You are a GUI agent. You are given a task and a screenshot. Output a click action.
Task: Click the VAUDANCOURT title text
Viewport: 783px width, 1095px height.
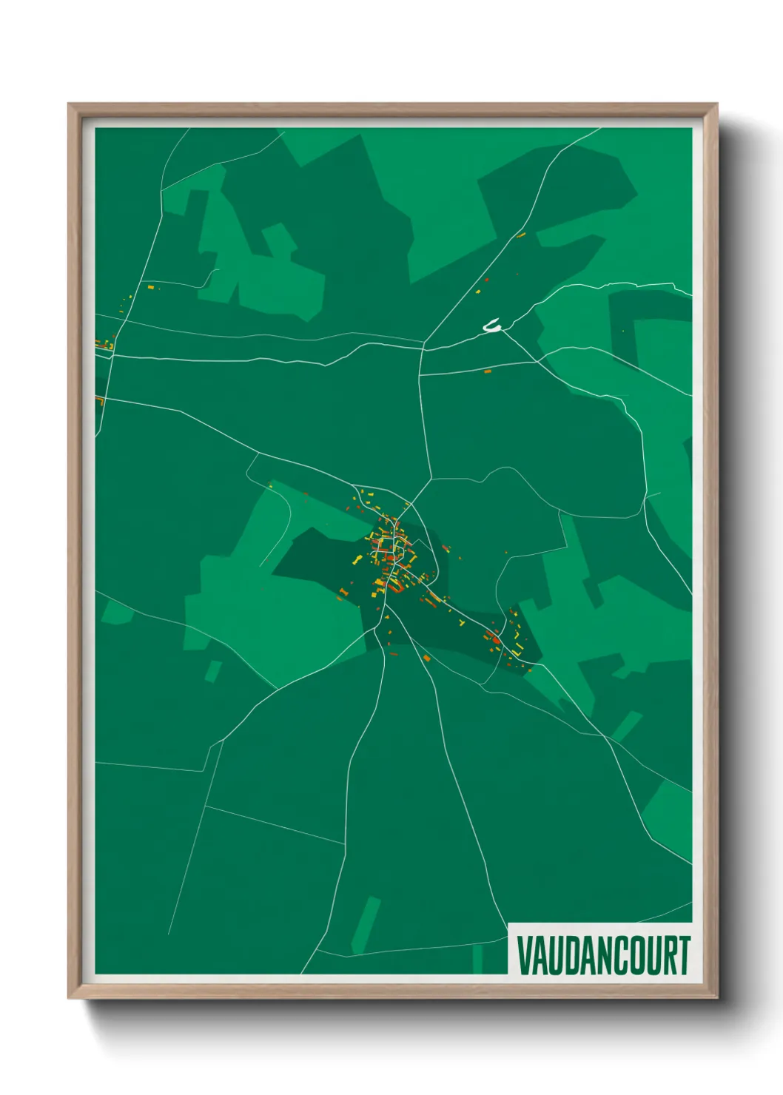click(x=603, y=955)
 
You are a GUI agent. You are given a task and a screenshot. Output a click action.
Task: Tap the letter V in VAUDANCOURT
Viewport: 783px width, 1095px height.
click(x=524, y=955)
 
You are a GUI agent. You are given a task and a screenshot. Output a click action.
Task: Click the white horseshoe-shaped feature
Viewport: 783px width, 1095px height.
click(x=492, y=326)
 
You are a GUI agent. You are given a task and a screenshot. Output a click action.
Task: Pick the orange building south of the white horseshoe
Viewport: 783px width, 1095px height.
click(x=487, y=371)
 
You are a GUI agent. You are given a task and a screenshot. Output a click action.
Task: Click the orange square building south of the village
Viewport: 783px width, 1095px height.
click(x=426, y=658)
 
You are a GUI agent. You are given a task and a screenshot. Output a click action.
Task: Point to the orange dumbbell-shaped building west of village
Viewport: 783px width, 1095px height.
click(x=343, y=592)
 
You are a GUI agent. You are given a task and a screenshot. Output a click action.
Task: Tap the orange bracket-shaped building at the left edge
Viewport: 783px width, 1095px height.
click(x=99, y=400)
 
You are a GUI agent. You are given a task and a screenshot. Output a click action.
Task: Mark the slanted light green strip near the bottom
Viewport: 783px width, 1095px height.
click(x=366, y=925)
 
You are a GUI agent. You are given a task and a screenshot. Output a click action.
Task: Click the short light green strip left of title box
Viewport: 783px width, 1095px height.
click(x=477, y=959)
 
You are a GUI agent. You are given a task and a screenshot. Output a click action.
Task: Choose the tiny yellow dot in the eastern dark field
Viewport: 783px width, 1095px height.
click(x=622, y=331)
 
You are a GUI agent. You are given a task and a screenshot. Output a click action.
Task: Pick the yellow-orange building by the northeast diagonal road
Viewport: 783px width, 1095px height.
click(x=521, y=235)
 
